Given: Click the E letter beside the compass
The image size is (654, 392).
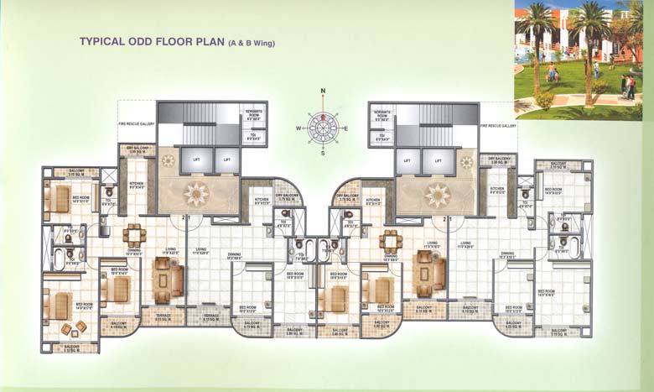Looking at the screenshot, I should click(x=346, y=128).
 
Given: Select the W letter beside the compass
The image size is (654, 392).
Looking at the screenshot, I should click(x=297, y=128).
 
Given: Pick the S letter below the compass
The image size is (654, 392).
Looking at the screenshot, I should click(x=322, y=153).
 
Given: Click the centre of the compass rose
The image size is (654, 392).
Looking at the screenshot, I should click(x=322, y=127).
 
